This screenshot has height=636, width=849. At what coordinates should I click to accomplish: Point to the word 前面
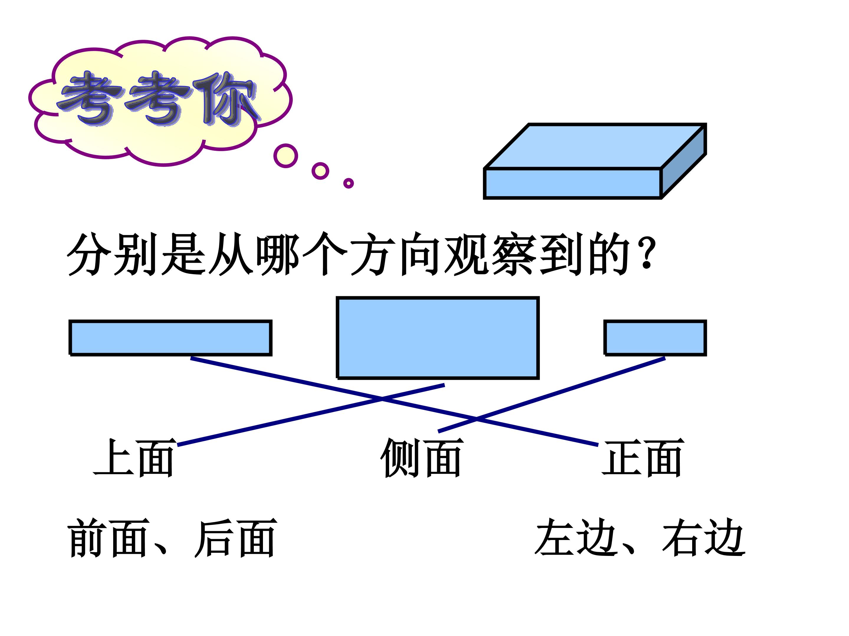(108, 538)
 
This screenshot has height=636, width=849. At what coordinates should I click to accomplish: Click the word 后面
(236, 538)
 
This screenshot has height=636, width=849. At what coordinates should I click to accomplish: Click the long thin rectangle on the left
(170, 338)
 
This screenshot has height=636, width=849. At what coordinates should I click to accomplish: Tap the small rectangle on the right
(655, 338)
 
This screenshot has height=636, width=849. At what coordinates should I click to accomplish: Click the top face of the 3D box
(595, 146)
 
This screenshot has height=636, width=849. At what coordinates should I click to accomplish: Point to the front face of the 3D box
(572, 183)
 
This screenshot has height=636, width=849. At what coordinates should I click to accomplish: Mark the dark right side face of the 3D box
(684, 161)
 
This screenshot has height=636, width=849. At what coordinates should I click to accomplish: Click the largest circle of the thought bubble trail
(286, 156)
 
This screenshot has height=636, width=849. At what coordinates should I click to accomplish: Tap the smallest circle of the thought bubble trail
(348, 183)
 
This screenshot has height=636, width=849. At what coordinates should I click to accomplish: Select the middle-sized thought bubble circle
(320, 171)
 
